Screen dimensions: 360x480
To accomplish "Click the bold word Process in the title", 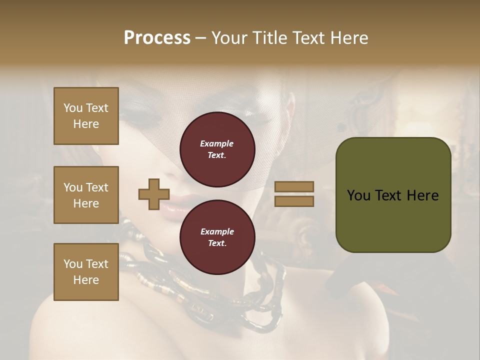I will tap(157, 37).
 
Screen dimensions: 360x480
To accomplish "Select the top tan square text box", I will tap(86, 116).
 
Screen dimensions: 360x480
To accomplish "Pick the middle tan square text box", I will tap(86, 195).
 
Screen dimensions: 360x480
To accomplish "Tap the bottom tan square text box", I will tap(86, 271).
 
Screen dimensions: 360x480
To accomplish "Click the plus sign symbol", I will tap(154, 194).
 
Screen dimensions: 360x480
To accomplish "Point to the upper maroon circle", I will tap(217, 149).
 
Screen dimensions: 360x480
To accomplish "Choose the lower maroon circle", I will tap(217, 237).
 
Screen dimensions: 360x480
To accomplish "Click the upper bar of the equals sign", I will tap(294, 186).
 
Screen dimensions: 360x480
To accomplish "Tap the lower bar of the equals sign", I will tap(294, 201).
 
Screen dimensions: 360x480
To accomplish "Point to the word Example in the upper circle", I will tap(217, 144).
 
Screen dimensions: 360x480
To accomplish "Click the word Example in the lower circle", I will tap(217, 231).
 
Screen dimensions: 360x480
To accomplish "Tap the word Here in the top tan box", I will tap(86, 124).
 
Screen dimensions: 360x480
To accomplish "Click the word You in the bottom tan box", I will tap(73, 264).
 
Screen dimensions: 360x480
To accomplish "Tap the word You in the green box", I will tap(358, 195).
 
